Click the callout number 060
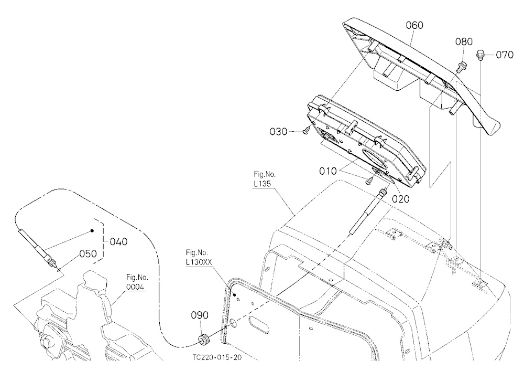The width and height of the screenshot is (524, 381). tap(414, 25)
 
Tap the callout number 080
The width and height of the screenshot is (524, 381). tap(464, 41)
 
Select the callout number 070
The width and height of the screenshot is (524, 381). tap(505, 55)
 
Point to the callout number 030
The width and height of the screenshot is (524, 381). tap(278, 132)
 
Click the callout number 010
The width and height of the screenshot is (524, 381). tap(328, 171)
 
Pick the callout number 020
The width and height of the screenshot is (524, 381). tap(400, 199)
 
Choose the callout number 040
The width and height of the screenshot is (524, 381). tap(118, 241)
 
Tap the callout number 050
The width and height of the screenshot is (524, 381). tap(88, 253)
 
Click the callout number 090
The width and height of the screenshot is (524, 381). tap(200, 315)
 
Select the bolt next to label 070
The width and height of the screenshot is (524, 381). tap(480, 55)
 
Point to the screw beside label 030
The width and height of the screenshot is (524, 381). tap(307, 132)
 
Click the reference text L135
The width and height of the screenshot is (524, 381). tap(262, 184)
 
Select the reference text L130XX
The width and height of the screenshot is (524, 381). tap(199, 262)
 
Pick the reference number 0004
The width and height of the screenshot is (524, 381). tap(135, 287)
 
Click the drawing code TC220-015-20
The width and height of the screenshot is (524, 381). tap(217, 357)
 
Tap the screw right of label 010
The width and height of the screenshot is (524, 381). tap(369, 181)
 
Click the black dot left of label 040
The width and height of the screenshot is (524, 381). tap(92, 231)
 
